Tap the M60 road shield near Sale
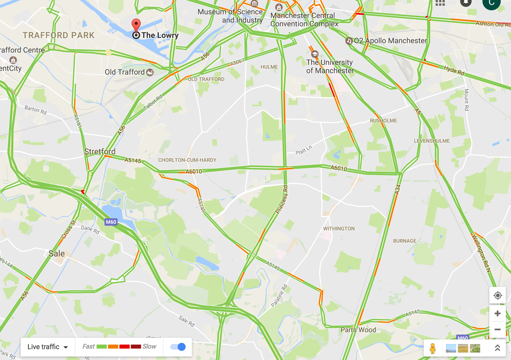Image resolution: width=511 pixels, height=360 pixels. pyautogui.click(x=111, y=222)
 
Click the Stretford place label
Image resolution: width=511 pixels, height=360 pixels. pyautogui.click(x=100, y=151)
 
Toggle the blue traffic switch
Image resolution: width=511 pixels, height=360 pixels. pyautogui.click(x=178, y=347)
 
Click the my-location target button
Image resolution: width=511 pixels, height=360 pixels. pyautogui.click(x=498, y=295)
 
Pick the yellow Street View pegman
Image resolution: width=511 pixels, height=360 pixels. pyautogui.click(x=433, y=348)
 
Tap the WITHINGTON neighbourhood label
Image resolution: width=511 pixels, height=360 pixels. pyautogui.click(x=339, y=229)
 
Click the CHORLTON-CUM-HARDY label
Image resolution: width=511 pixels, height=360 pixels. pyautogui.click(x=187, y=160)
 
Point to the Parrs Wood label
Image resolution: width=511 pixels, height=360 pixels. pyautogui.click(x=358, y=330)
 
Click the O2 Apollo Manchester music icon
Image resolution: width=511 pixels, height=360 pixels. pyautogui.click(x=349, y=41)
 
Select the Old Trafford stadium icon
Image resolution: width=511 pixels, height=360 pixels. pyautogui.click(x=150, y=72)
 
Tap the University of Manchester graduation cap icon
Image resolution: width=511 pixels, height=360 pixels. pyautogui.click(x=315, y=54)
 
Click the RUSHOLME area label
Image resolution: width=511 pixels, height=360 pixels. pyautogui.click(x=383, y=121)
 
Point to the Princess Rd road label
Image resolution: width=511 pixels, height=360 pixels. pyautogui.click(x=281, y=199)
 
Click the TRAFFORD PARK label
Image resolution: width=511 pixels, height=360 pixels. pyautogui.click(x=59, y=35)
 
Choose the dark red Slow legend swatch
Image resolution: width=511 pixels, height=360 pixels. pyautogui.click(x=136, y=347)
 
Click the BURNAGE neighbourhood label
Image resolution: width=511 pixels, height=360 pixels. pyautogui.click(x=405, y=241)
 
